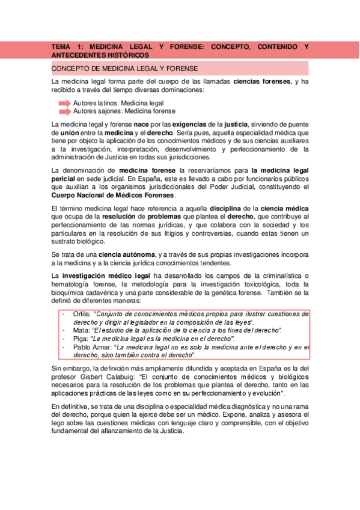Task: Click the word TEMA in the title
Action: click(x=61, y=46)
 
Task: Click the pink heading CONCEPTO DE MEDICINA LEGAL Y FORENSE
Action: click(x=125, y=69)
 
